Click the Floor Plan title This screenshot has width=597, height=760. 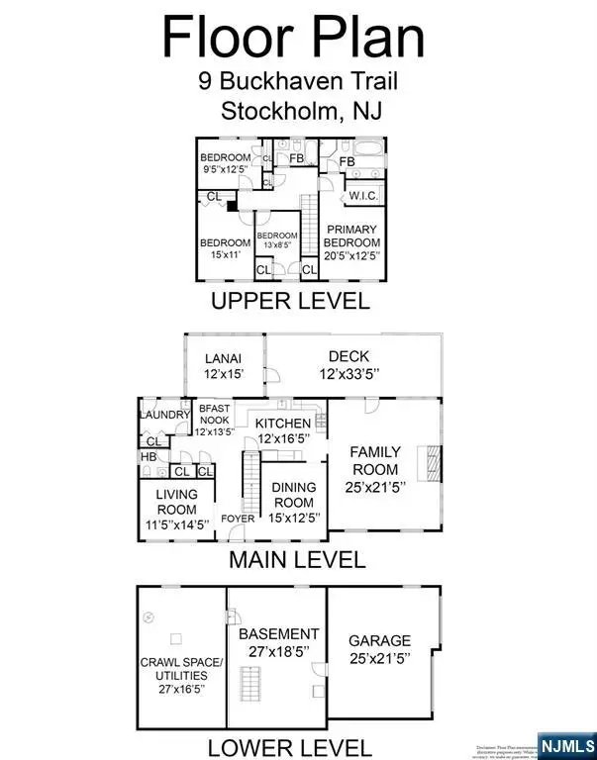click(x=294, y=37)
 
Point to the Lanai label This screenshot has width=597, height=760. click(x=223, y=365)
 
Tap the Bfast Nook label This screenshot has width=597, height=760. click(x=216, y=420)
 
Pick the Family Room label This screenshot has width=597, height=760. click(x=374, y=469)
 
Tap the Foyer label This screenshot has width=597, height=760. click(x=238, y=518)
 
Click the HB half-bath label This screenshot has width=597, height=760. click(x=149, y=457)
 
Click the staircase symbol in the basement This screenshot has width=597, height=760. click(x=252, y=684)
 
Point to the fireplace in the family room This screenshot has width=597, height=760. click(x=428, y=462)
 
